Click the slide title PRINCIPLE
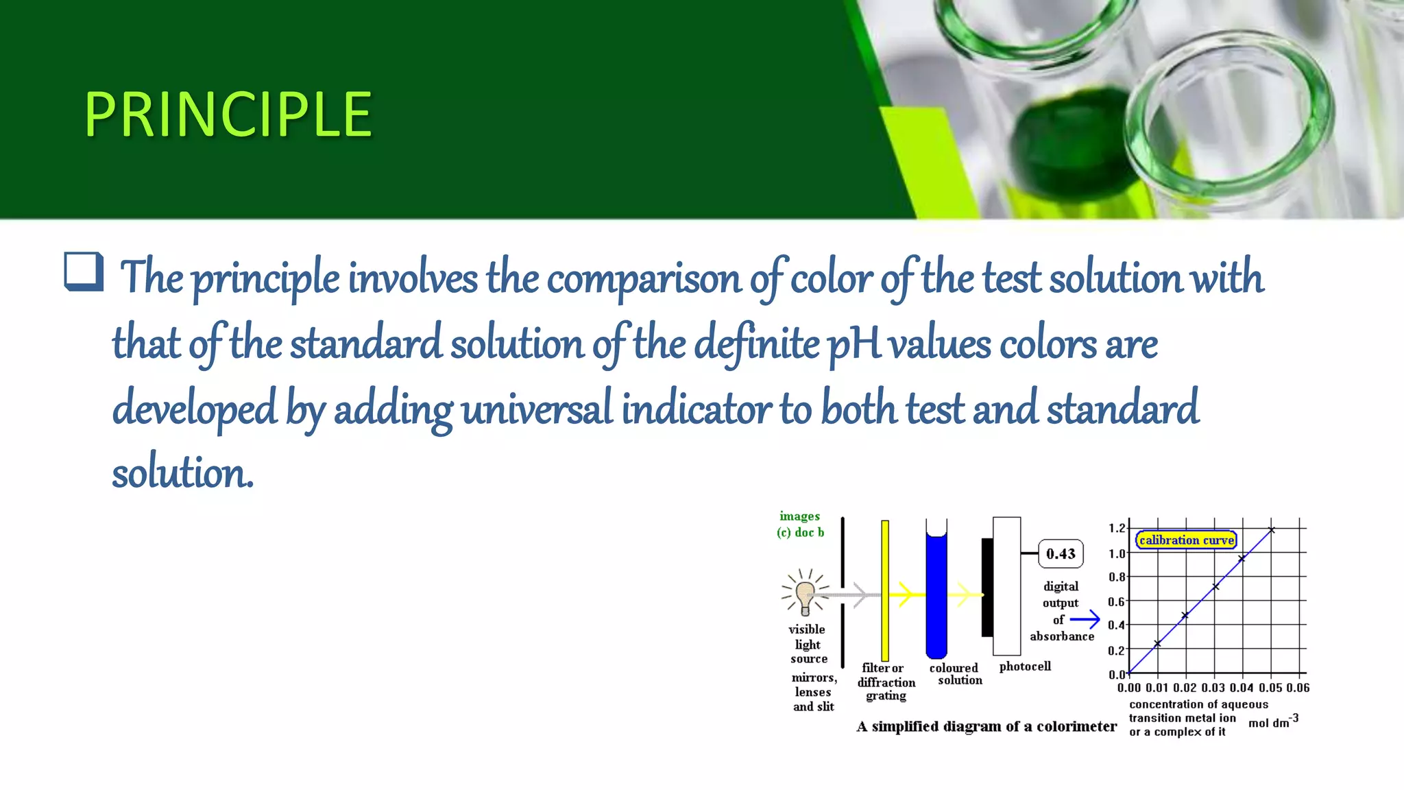coord(228,115)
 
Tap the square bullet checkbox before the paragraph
coord(84,272)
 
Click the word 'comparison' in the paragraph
coord(644,279)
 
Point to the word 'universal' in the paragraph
coord(536,409)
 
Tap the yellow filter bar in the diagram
coord(885,590)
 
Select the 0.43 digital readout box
coord(1061,554)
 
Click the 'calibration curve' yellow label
coord(1186,540)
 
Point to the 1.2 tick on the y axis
coord(1117,528)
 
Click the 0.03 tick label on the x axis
coord(1213,688)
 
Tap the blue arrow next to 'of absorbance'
coord(1085,620)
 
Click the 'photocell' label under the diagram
coord(1025,667)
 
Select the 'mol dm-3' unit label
coord(1273,721)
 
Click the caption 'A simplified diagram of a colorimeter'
coord(986,727)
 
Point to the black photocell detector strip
coord(987,588)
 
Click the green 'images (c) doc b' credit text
coord(800,524)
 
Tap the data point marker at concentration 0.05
coord(1272,530)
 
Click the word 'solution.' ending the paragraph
coord(182,474)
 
